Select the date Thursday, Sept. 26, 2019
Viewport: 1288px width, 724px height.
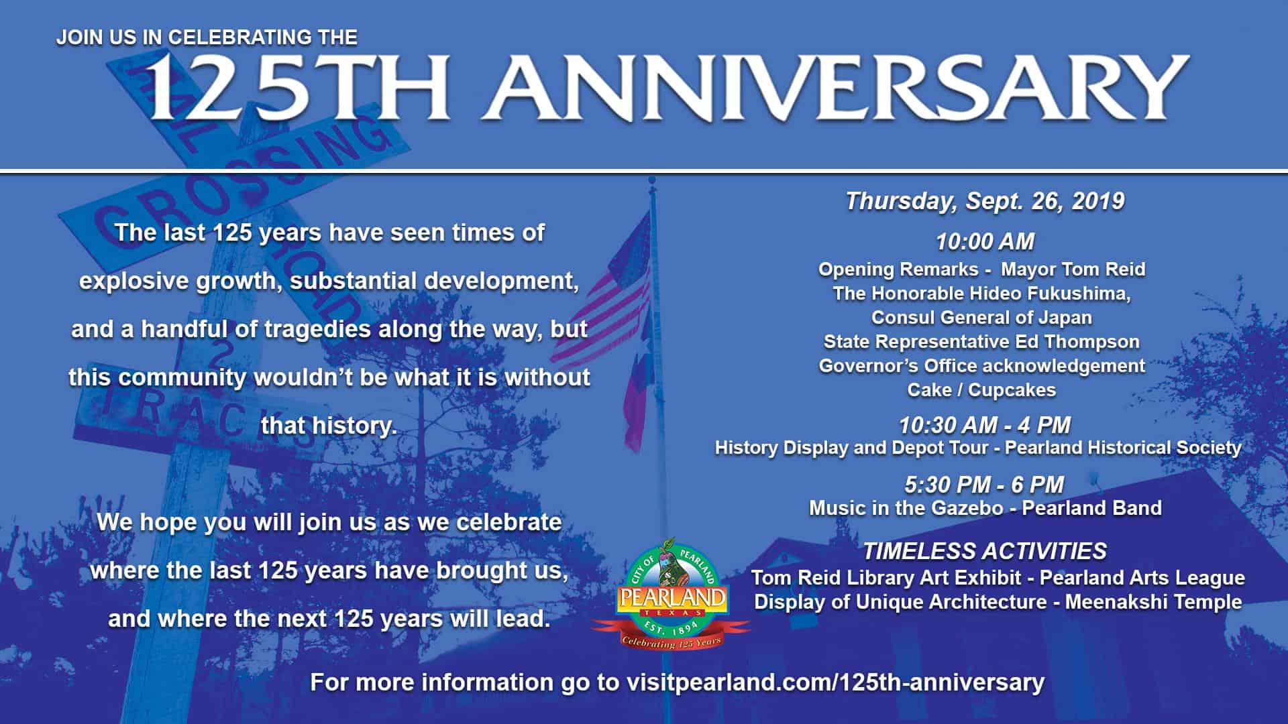(x=985, y=201)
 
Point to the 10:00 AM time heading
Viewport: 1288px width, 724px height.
(x=985, y=241)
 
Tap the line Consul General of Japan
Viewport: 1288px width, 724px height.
(x=981, y=317)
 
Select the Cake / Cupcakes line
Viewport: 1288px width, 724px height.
(x=981, y=390)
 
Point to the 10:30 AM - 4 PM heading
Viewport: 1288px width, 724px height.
(x=985, y=425)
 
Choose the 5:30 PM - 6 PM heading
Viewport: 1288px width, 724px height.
(x=985, y=485)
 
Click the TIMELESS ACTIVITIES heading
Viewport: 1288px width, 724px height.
(x=985, y=551)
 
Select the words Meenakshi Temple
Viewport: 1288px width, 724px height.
(x=1153, y=602)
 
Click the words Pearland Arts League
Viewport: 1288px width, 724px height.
(x=1142, y=578)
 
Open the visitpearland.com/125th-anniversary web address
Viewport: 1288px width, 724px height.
(x=835, y=683)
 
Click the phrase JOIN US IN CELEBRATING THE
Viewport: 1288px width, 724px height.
(x=207, y=38)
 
